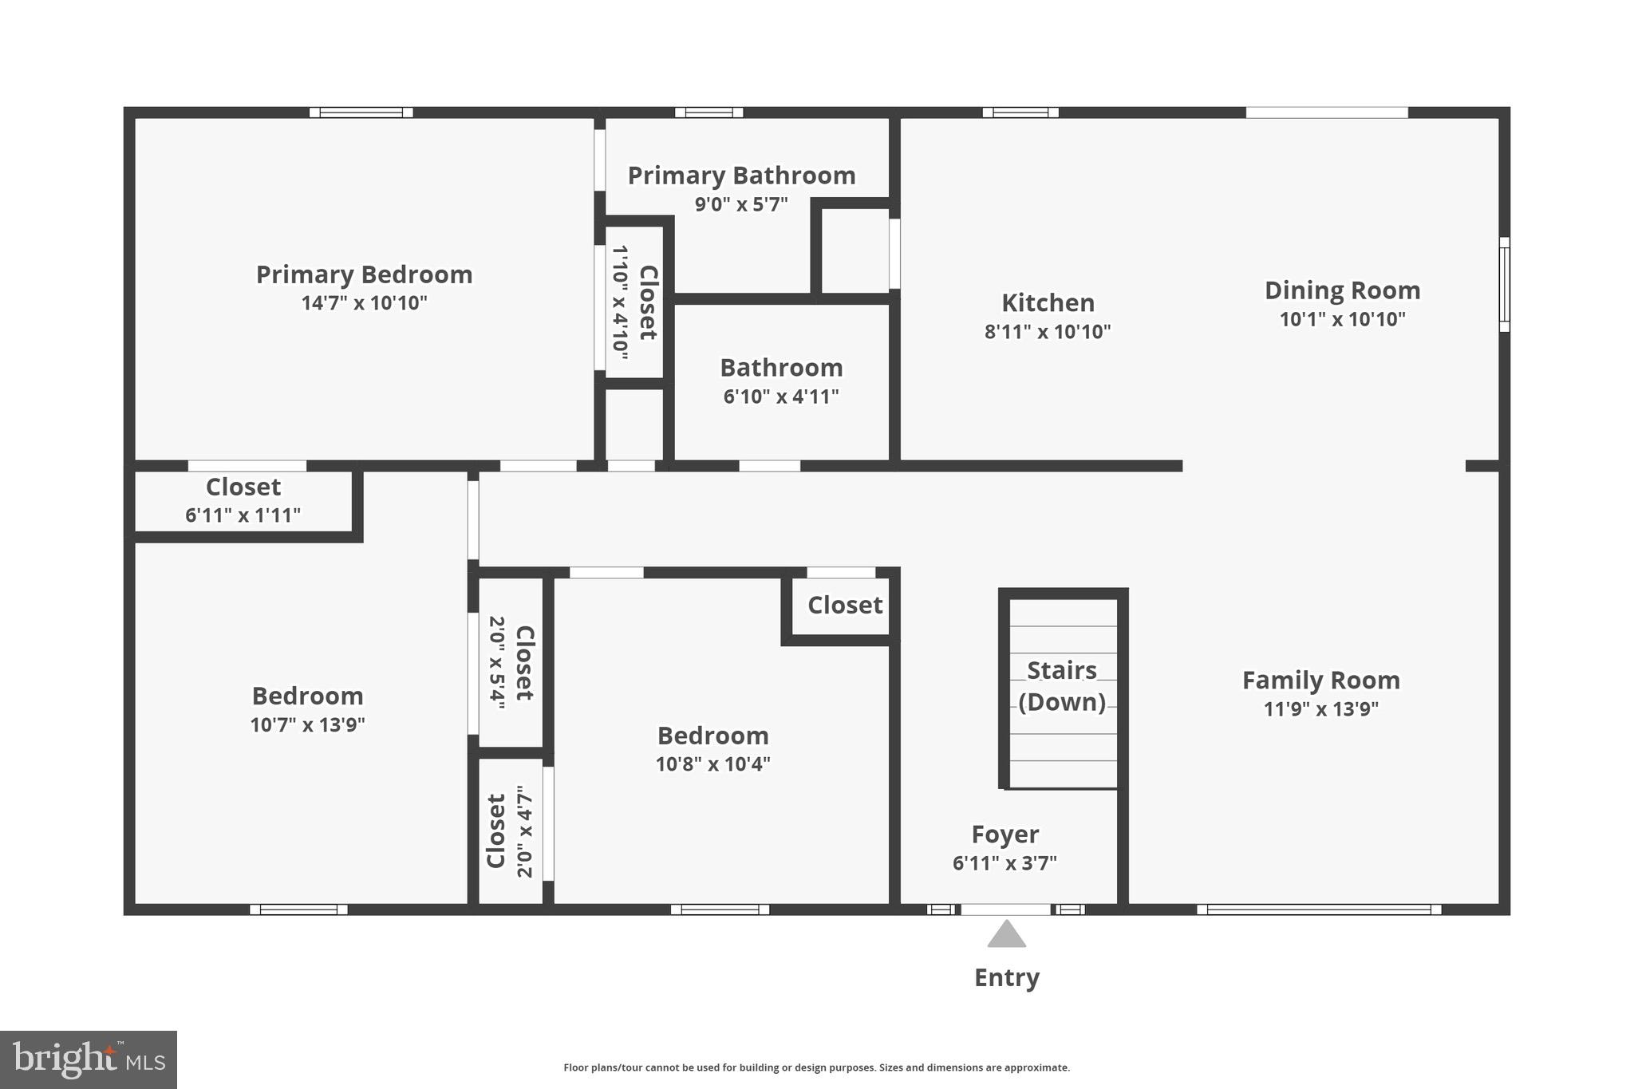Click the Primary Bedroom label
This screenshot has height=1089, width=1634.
364,274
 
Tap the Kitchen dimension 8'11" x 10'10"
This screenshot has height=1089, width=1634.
1047,332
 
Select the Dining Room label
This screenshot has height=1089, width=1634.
1342,290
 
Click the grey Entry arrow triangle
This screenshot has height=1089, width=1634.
1006,935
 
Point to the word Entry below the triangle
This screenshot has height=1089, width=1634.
1006,977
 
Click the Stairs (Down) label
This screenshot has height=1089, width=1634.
1061,686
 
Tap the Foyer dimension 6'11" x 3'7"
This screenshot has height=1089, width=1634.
1004,863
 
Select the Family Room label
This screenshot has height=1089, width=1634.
1320,681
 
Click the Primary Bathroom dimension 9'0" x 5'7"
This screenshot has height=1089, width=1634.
741,204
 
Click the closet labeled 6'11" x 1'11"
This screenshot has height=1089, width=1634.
243,501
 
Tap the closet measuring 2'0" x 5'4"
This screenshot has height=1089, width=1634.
511,662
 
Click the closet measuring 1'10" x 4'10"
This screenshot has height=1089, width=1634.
634,302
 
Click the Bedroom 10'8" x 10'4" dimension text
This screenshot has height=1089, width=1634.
712,764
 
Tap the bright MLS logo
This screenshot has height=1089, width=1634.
89,1059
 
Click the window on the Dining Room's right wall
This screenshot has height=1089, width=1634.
1504,284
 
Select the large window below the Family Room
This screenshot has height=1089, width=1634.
1318,909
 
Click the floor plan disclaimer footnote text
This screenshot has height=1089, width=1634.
816,1067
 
